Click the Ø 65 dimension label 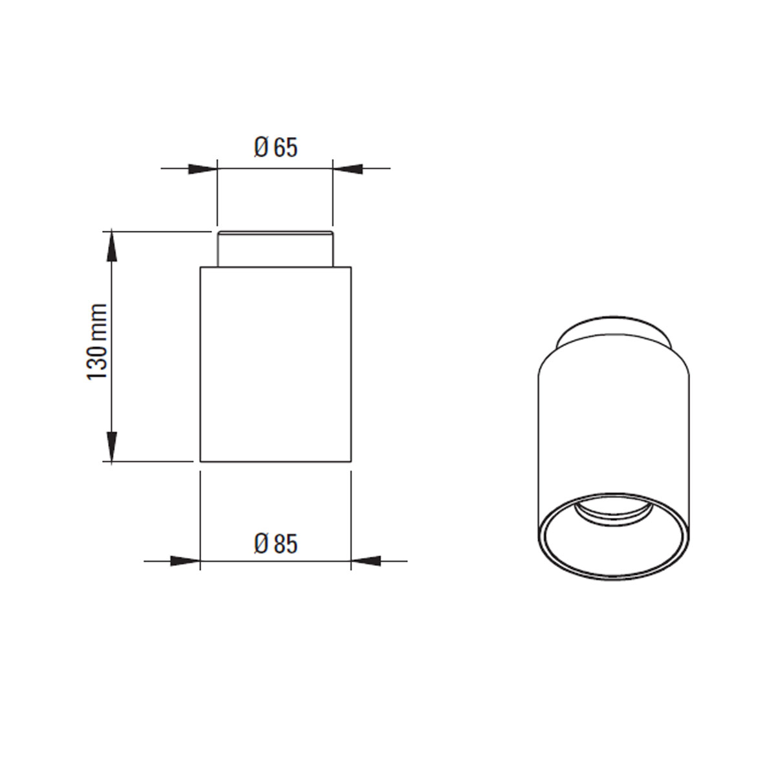(275, 148)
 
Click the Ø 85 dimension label (275, 544)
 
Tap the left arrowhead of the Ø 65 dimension (202, 169)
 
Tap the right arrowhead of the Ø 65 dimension (347, 169)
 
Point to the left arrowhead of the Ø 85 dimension (185, 561)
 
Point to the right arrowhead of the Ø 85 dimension (365, 561)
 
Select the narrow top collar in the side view (275, 249)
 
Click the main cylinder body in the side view (275, 362)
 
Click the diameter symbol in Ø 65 (261, 148)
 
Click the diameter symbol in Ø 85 (261, 544)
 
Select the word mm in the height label (97, 319)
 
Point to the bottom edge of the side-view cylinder (275, 462)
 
